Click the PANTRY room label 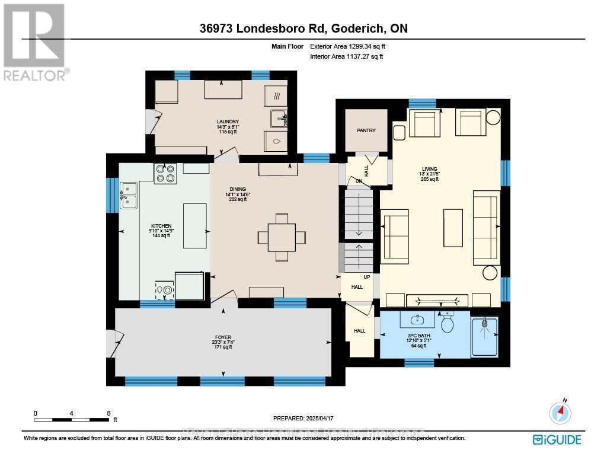tap(366, 130)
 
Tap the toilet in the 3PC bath tap(448, 323)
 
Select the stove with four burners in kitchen tap(165, 173)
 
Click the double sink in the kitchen tap(129, 196)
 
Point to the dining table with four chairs tap(282, 237)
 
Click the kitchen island tap(196, 225)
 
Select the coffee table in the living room tap(453, 228)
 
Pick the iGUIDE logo tap(557, 439)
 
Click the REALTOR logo tap(35, 42)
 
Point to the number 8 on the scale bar tap(108, 413)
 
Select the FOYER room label tap(223, 337)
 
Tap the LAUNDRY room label tap(228, 122)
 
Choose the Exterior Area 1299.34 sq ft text tap(350, 46)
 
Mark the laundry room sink tap(278, 119)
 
